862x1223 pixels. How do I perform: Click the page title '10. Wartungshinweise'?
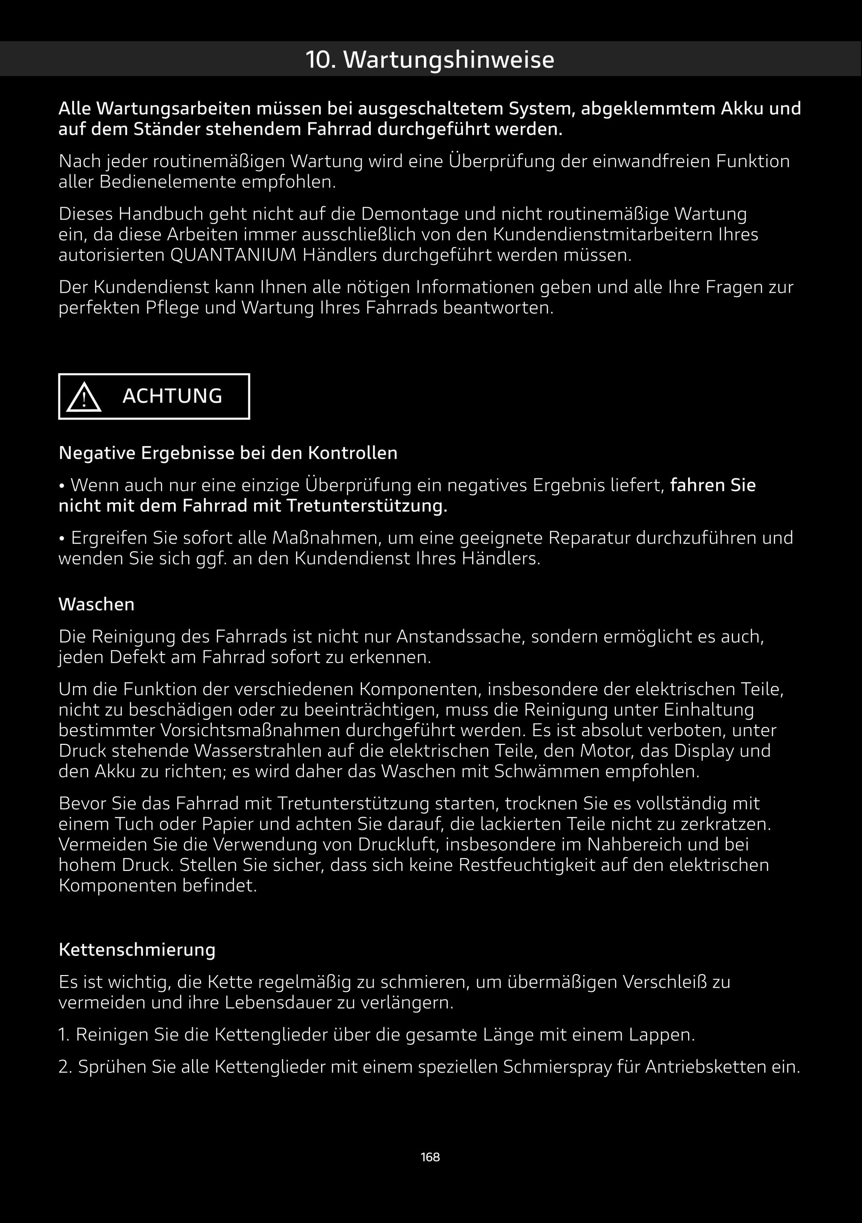(430, 59)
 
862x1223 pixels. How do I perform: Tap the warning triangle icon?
(84, 397)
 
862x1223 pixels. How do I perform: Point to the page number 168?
(430, 1157)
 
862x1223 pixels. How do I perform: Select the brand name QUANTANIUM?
(233, 255)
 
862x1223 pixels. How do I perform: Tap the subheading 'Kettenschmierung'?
(137, 950)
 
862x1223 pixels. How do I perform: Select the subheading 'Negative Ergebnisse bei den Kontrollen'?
(228, 453)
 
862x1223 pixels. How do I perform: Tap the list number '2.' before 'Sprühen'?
(65, 1067)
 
